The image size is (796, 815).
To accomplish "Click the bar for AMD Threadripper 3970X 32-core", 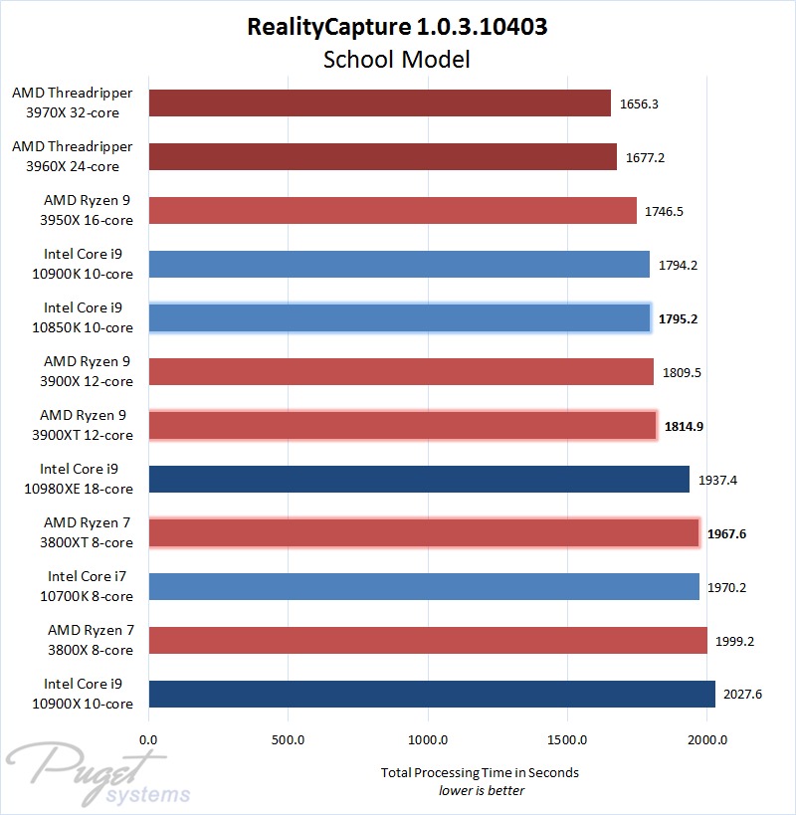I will pos(379,102).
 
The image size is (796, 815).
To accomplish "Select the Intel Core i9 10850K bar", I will pos(399,317).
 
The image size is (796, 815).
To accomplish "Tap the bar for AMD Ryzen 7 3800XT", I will pos(424,533).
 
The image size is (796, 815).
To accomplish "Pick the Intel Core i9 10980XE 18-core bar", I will pos(419,479).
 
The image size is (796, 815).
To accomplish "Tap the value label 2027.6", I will pos(743,695).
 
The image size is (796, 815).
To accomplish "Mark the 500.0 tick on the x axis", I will pos(288,740).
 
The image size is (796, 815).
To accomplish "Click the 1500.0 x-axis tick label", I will pos(567,740).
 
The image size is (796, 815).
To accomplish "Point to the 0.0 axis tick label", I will pos(148,740).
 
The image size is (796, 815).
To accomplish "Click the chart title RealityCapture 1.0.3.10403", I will pos(397,27).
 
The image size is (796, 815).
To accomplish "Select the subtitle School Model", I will pos(397,59).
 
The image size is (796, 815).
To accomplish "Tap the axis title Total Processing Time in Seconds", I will pos(481,772).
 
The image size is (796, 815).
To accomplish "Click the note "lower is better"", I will pos(482,790).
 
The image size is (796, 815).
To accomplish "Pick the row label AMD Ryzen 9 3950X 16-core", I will pos(88,210).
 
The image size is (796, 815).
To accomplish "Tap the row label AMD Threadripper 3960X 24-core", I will pos(72,156).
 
